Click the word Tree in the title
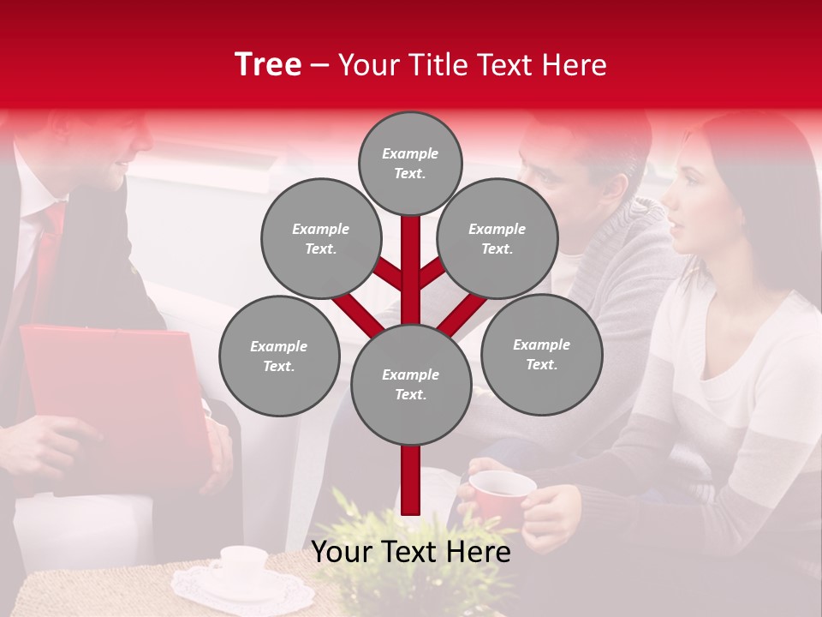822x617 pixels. [x=268, y=65]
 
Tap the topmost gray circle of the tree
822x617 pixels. [x=410, y=163]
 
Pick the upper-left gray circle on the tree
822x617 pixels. [x=321, y=238]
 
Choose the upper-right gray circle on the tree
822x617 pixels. [x=497, y=238]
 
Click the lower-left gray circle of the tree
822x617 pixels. [x=279, y=356]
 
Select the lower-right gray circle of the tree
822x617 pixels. [x=542, y=354]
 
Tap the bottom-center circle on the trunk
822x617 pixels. [x=410, y=385]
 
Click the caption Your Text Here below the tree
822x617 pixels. [x=411, y=553]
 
